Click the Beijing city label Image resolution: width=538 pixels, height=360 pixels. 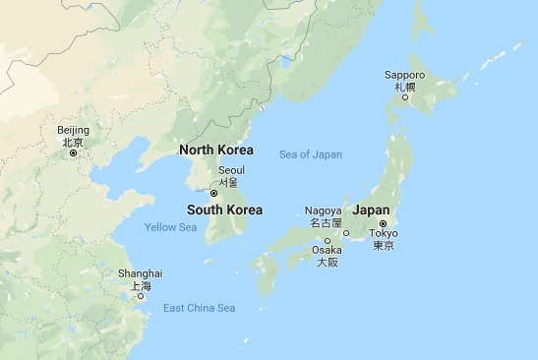coord(73,130)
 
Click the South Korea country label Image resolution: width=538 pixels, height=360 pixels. coord(224,210)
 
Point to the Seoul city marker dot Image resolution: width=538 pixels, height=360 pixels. coord(213,193)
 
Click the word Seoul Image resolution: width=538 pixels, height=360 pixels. coord(231,170)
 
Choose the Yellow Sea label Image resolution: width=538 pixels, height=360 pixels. coord(170,227)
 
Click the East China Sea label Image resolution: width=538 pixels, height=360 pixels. coord(199,308)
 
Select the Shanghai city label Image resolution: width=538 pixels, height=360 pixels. coord(142,272)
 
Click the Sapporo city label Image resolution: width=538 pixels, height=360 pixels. coord(404,75)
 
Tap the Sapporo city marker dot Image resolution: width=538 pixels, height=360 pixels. coord(404,96)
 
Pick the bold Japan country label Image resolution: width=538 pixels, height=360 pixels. coord(371,210)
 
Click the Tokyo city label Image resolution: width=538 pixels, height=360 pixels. coord(384,233)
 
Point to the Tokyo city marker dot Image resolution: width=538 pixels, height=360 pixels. coord(384,224)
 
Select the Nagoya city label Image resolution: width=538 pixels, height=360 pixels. coord(324,210)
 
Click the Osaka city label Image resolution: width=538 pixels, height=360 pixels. coord(327,251)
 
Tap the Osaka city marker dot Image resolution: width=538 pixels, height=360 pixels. coord(328,241)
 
